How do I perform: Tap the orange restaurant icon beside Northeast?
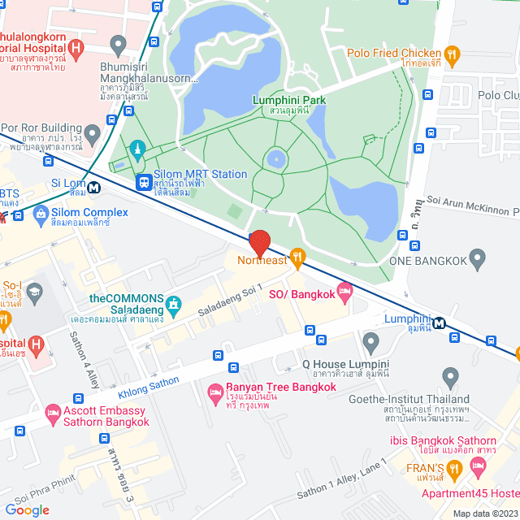tap(298, 259)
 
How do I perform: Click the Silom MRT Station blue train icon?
tap(144, 183)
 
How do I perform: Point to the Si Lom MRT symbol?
tap(95, 186)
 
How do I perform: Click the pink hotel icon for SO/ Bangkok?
tap(344, 290)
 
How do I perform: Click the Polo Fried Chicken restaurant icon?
tap(453, 55)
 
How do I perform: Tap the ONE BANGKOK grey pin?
tap(477, 260)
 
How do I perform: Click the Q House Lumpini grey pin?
tap(370, 341)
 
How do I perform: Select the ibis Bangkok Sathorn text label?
tap(446, 440)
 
